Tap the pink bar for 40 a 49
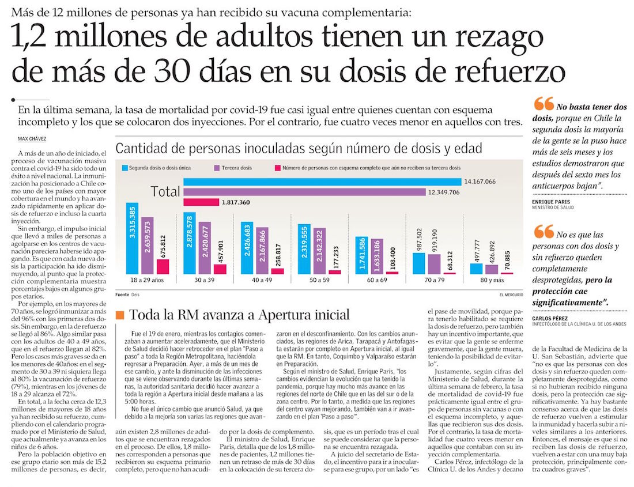[277, 271]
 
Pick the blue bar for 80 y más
[476, 269]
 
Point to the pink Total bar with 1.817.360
[201, 202]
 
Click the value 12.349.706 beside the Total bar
[443, 192]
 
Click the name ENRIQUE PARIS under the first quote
[551, 202]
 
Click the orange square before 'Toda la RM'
[120, 315]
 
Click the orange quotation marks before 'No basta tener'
[544, 104]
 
